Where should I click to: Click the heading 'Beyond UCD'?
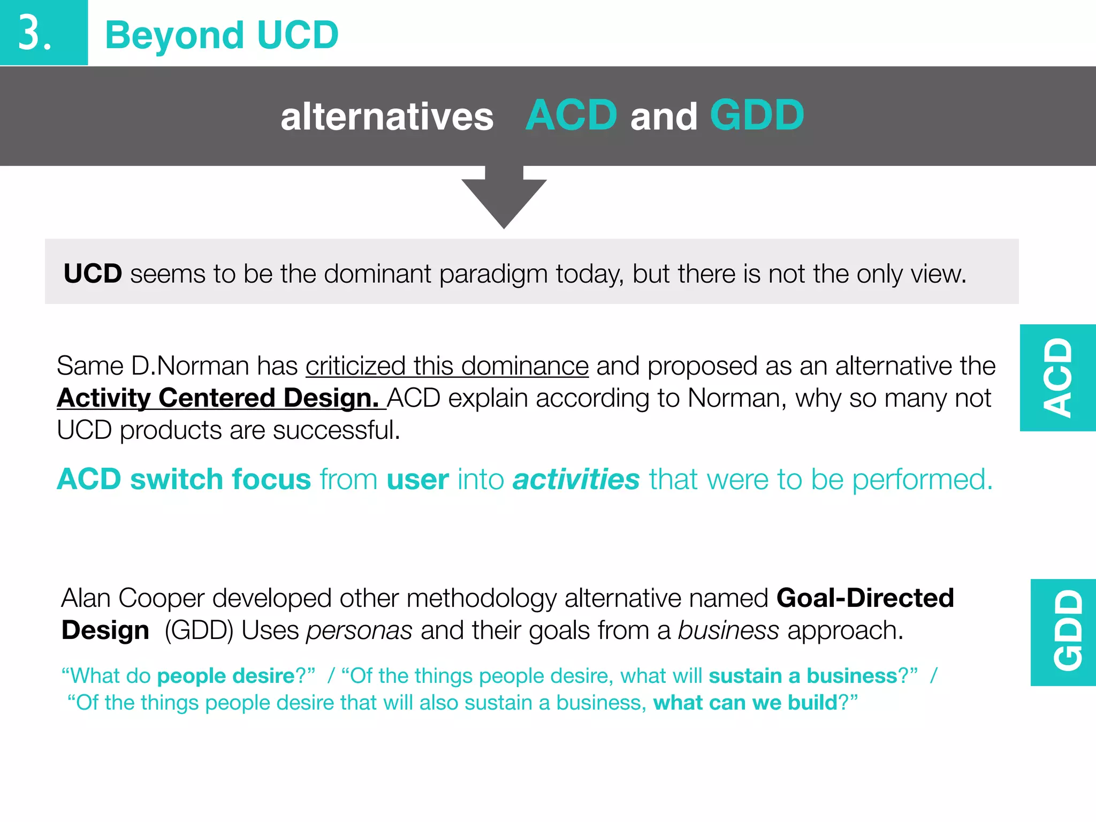coord(222,35)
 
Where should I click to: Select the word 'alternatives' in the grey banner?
coord(386,117)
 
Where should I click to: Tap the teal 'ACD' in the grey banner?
coord(571,116)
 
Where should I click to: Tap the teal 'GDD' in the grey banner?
coord(757,116)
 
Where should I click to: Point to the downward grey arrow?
coord(504,198)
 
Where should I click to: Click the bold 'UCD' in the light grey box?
coord(93,274)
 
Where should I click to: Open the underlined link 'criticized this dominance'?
coord(447,367)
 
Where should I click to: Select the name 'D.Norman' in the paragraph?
coord(190,367)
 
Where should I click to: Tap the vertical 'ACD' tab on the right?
coord(1058,378)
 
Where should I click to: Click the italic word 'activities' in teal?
coord(576,479)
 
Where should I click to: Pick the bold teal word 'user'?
coord(417,479)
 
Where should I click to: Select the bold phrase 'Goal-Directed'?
coord(865,598)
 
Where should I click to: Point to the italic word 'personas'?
coord(359,631)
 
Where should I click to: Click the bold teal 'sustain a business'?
coord(803,676)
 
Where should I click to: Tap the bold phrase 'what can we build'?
coord(745,703)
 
